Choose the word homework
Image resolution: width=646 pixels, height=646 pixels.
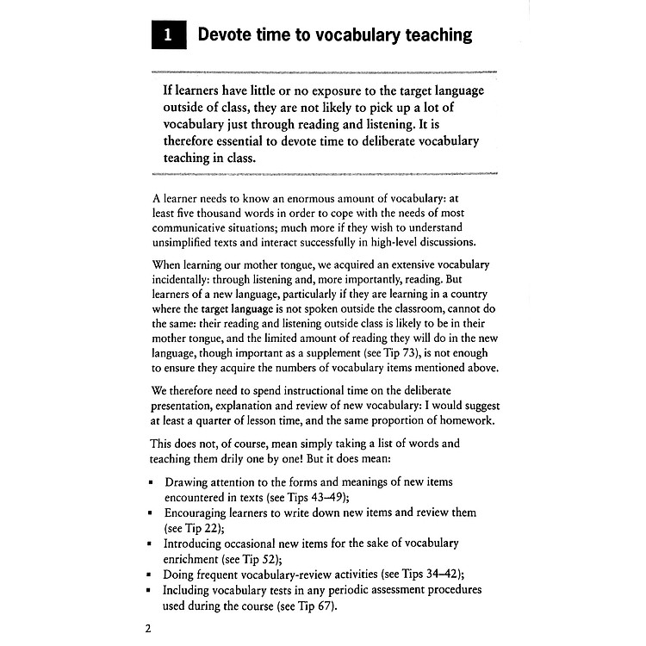click(x=466, y=421)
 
